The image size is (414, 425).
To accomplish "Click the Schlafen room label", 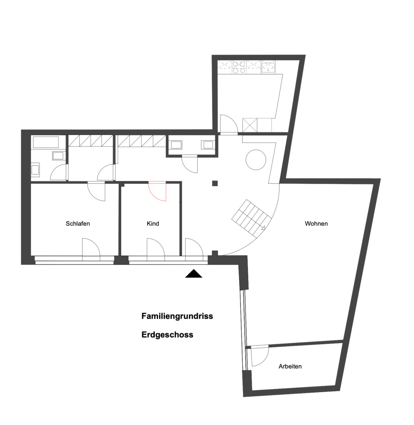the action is point(78,224).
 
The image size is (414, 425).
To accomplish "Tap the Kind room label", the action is point(153,224).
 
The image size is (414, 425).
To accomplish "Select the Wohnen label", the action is point(316,224).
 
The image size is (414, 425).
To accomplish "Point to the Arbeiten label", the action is point(290,366).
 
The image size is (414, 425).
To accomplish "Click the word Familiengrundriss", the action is point(177,316).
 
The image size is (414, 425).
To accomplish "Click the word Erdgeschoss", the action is point(168,335).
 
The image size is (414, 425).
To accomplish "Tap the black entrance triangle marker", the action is point(194,274).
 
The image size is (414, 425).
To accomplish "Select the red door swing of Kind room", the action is point(157,191).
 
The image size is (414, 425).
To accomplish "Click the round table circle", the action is point(256,160).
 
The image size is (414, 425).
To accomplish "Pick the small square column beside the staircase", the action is point(215,183).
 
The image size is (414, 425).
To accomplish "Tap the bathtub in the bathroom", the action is point(46,142).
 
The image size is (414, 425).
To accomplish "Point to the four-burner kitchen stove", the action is point(239,67).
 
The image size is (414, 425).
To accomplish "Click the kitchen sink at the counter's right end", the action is point(268,67).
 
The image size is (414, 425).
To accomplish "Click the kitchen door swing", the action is point(229,124).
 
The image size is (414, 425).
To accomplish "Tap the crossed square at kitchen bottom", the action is point(250,125).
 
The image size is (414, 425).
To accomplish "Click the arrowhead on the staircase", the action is point(263,228).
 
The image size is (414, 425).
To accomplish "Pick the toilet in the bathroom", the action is point(36,170).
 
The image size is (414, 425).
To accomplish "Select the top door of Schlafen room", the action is point(96,191).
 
